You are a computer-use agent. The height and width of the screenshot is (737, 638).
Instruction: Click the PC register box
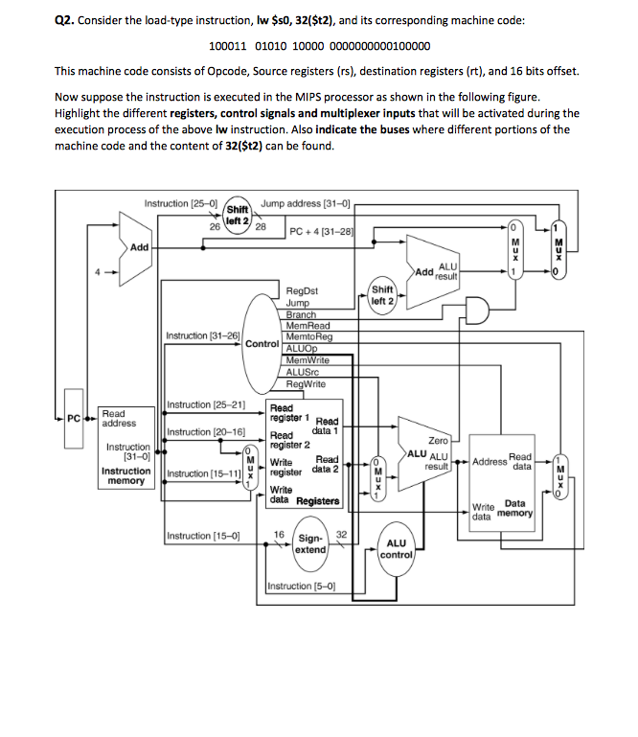(73, 418)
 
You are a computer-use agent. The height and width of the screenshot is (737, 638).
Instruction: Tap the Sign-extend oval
(309, 544)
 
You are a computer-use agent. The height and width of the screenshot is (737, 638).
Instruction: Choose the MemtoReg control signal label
(308, 336)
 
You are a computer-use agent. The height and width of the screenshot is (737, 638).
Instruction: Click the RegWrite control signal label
(306, 383)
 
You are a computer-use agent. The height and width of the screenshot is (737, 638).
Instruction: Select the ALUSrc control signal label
(304, 372)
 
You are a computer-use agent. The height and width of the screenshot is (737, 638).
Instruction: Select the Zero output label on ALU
(439, 440)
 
